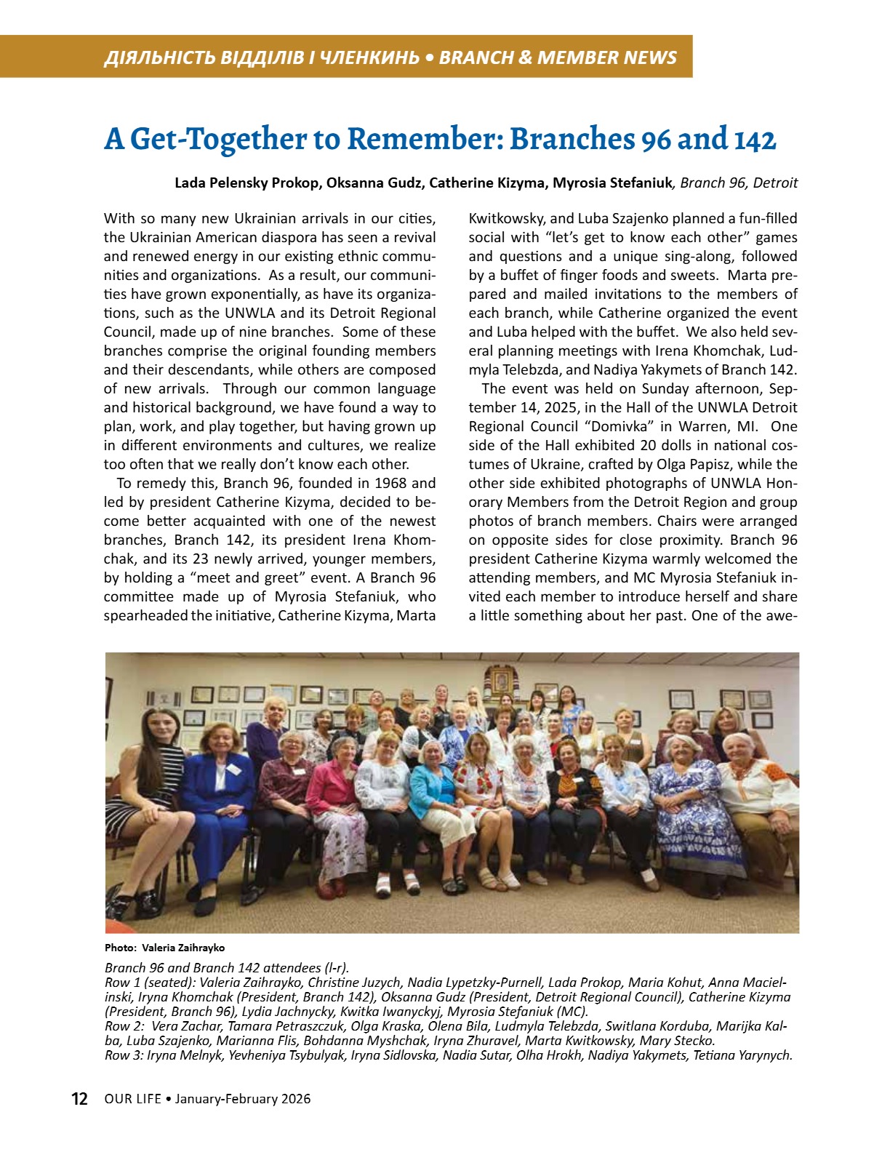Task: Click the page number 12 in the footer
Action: point(79,1098)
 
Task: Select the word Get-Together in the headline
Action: point(219,140)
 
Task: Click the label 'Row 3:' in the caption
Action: point(124,1055)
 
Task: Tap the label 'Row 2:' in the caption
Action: point(124,1026)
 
